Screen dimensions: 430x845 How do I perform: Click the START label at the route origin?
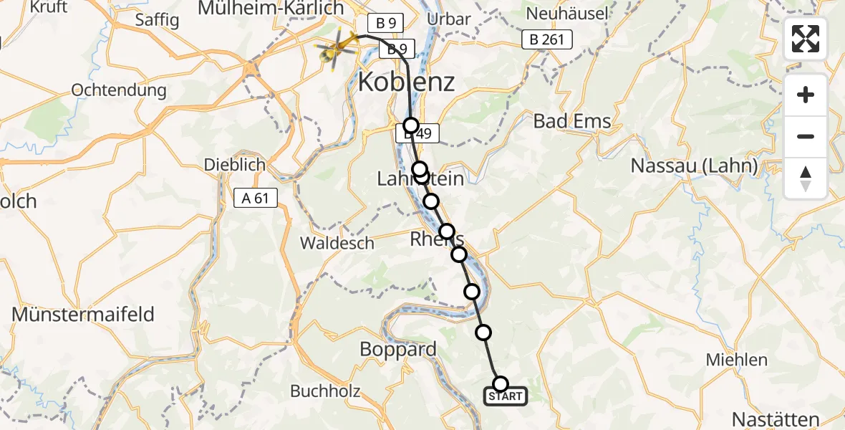click(x=506, y=396)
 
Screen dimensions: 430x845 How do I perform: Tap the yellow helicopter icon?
click(x=337, y=49)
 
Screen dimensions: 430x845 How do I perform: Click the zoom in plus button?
click(x=806, y=95)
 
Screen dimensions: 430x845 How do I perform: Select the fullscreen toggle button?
click(x=806, y=39)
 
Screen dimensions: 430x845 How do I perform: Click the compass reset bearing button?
click(x=806, y=178)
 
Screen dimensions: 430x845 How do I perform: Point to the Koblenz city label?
click(x=405, y=82)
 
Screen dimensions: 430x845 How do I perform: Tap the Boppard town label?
click(x=398, y=350)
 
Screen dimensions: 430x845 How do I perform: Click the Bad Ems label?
click(x=572, y=121)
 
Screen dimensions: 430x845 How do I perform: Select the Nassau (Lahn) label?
click(x=694, y=166)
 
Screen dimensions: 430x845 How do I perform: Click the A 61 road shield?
click(x=256, y=198)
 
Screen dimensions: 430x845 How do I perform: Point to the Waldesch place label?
click(x=337, y=243)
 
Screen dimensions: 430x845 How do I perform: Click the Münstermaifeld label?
click(x=83, y=314)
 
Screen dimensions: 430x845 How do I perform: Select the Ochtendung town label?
click(x=119, y=90)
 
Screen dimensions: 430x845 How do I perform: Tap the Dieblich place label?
click(x=235, y=165)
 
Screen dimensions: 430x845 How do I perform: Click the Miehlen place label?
click(x=736, y=360)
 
